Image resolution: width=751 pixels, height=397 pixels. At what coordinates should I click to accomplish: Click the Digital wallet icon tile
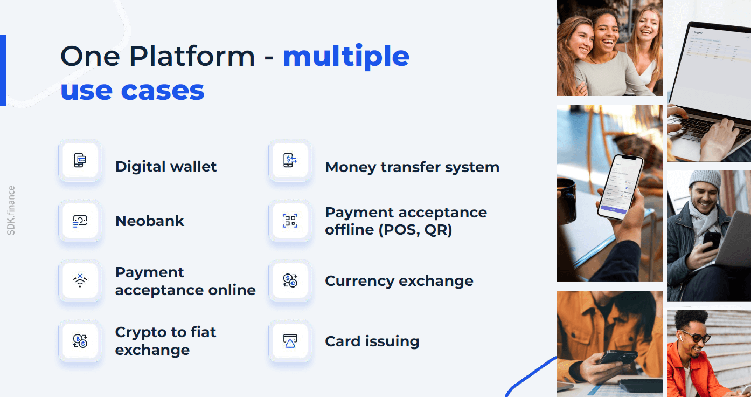[80, 160]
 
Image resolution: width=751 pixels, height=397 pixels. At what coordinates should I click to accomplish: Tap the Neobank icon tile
[80, 221]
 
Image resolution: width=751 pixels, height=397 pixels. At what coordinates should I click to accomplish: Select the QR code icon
[290, 221]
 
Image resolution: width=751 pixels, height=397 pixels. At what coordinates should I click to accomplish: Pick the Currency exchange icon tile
[290, 280]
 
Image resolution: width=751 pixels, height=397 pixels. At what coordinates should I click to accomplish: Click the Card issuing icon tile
[290, 341]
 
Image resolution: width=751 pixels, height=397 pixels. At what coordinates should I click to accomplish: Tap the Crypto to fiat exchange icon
[80, 341]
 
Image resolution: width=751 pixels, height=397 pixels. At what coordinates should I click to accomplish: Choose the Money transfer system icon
[290, 160]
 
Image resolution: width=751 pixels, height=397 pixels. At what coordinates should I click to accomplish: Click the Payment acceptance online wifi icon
[80, 280]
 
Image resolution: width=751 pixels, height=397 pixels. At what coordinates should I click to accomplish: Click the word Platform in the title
[192, 57]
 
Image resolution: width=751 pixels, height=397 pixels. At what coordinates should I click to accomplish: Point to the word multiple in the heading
[346, 57]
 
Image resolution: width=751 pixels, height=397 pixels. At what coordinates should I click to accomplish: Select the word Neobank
[150, 221]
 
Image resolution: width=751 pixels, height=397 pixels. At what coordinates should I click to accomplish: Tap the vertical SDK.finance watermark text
[11, 210]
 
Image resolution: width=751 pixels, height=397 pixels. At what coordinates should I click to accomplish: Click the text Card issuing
[372, 341]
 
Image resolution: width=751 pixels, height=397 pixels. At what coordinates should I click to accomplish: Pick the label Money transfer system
[412, 167]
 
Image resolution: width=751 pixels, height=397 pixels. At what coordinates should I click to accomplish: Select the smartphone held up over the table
[620, 187]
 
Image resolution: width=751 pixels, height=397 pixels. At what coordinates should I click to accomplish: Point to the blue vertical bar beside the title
[3, 70]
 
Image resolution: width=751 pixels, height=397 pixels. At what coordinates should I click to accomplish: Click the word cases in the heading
[163, 91]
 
